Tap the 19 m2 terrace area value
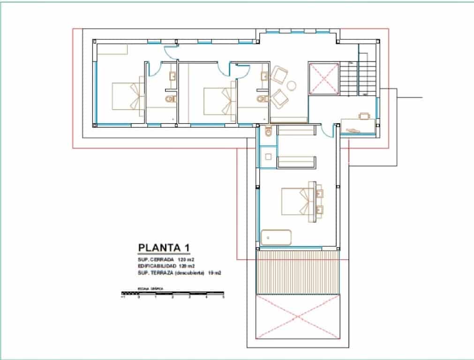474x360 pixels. [214, 272]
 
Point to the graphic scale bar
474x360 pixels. [173, 293]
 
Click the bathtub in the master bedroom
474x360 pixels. [276, 237]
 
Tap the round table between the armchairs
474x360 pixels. [292, 85]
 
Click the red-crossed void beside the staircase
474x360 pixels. [323, 78]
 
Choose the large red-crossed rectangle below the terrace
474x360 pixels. [297, 316]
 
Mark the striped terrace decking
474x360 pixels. [297, 272]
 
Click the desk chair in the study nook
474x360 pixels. [364, 115]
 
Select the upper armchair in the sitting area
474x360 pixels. [279, 75]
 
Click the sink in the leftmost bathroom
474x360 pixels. [172, 76]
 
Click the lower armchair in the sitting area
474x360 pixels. [279, 97]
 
